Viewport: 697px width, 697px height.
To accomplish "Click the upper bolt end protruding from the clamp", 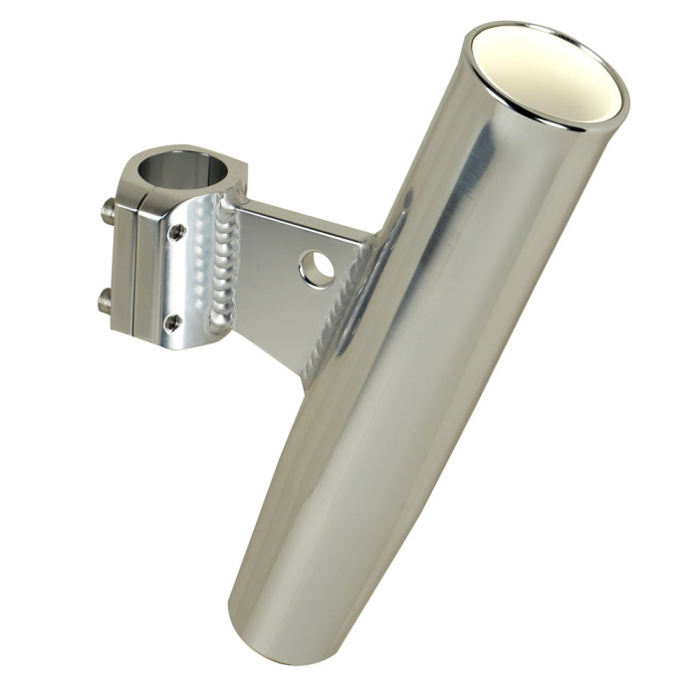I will click(105, 211).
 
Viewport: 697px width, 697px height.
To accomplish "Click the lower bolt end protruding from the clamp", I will click(104, 296).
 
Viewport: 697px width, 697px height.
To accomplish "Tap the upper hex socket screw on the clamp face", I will click(176, 232).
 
